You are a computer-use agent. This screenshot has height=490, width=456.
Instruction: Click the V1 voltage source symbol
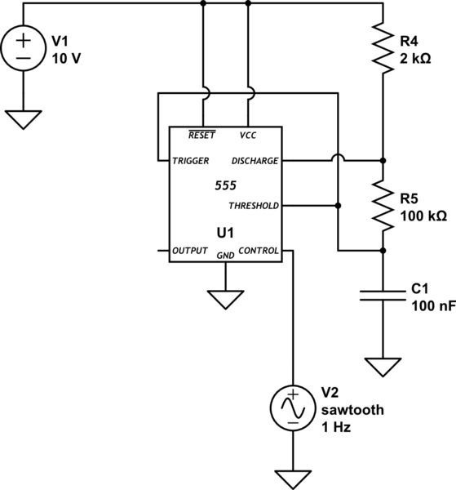tap(24, 51)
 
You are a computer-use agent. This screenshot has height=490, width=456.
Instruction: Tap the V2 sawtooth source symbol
tap(291, 407)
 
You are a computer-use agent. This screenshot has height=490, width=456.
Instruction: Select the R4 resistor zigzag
tap(382, 47)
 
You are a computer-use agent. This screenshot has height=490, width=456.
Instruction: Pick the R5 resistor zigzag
tap(382, 204)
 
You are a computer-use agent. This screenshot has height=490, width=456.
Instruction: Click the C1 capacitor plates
tap(382, 295)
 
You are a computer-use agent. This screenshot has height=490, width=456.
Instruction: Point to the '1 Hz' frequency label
tap(335, 427)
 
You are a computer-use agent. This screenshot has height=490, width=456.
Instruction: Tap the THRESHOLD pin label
tap(255, 205)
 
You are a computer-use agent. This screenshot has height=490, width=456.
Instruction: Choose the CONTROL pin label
tap(260, 250)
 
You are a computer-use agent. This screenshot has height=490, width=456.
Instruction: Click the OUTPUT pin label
tap(190, 250)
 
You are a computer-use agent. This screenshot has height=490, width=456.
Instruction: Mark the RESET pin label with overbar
tap(201, 136)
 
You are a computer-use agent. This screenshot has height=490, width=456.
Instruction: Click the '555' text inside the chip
tap(225, 185)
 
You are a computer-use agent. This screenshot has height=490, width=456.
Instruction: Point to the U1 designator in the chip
tap(225, 234)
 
